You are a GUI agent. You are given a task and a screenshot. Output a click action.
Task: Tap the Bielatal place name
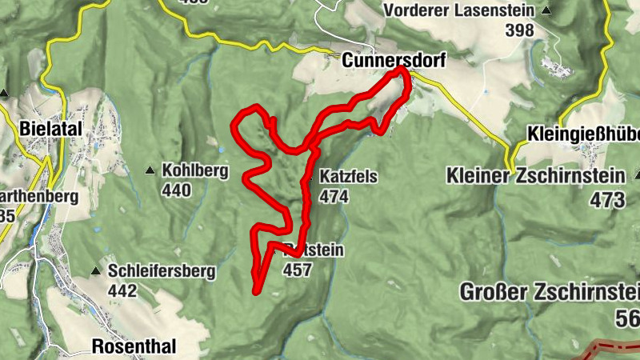[x=38, y=128]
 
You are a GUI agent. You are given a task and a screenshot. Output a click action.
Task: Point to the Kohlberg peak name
[x=195, y=170]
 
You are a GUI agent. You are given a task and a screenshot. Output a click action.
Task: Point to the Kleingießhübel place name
[x=584, y=134]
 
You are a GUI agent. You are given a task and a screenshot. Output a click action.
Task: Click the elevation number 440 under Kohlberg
[x=176, y=190]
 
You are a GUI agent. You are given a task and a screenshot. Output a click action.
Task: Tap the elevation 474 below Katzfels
[x=334, y=196]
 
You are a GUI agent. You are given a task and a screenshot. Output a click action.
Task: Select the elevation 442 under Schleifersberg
[x=122, y=291]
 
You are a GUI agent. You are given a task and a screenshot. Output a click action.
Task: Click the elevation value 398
[x=519, y=30]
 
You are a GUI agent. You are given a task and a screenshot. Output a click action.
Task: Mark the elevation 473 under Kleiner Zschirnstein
[x=607, y=200]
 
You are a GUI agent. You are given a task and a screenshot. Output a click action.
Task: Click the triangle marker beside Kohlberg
[x=150, y=170]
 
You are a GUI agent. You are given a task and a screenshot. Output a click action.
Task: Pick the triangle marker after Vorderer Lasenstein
[x=546, y=10]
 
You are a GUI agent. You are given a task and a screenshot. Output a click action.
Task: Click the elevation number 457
[x=296, y=270]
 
